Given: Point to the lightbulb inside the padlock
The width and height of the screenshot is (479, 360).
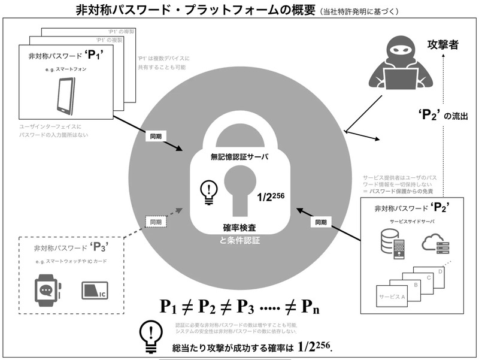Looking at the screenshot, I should [208, 191].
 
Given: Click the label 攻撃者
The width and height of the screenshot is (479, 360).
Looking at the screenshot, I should [443, 45].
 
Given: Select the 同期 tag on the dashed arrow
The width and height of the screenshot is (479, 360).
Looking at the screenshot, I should [156, 222].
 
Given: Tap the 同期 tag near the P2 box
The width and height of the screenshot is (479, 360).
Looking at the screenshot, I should [320, 222].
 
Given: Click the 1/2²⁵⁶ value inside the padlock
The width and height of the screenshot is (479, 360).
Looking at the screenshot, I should [272, 195].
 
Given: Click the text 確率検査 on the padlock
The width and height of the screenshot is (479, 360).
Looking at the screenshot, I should [239, 228].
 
